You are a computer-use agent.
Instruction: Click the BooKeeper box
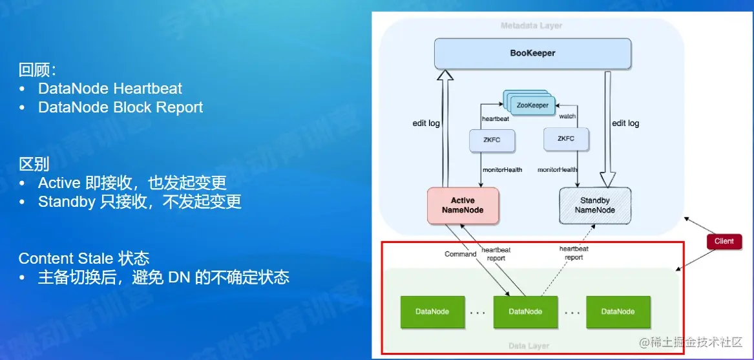532,53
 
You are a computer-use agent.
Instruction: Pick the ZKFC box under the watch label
567,138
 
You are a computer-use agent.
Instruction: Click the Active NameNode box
462,205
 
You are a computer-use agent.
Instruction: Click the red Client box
724,241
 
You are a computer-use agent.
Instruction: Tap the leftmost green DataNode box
432,312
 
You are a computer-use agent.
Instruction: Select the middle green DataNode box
525,312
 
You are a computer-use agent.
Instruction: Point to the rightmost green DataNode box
618,312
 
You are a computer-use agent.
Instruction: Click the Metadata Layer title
531,26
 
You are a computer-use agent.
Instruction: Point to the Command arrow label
460,254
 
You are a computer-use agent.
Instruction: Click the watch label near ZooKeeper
567,116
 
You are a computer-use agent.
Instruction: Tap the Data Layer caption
529,346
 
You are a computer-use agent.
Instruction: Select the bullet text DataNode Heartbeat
110,89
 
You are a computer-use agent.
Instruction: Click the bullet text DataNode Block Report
120,107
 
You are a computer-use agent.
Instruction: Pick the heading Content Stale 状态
84,259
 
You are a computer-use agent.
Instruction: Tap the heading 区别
34,164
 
